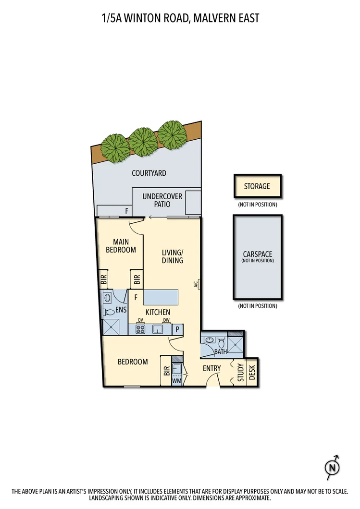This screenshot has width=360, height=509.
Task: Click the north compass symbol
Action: [x=333, y=468]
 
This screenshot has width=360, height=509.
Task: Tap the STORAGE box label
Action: [x=257, y=186]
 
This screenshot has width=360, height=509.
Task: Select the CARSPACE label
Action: [x=258, y=254]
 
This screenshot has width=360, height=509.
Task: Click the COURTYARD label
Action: [x=149, y=173]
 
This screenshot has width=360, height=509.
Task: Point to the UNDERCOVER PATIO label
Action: [x=162, y=200]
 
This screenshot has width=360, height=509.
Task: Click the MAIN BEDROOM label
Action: [x=121, y=246]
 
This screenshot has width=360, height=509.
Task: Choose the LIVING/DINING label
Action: [x=173, y=256]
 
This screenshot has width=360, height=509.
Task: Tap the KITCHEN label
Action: [x=158, y=312]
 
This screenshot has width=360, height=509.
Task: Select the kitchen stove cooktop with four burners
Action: [x=140, y=329]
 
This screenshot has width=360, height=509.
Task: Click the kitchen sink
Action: [x=158, y=329]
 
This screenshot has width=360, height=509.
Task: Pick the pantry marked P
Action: [x=178, y=329]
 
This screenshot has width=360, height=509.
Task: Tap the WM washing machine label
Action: [x=177, y=380]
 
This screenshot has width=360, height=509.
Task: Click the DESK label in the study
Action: [x=252, y=372]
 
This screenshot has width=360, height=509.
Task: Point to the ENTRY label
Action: [x=212, y=368]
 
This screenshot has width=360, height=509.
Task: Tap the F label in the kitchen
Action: [x=136, y=297]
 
